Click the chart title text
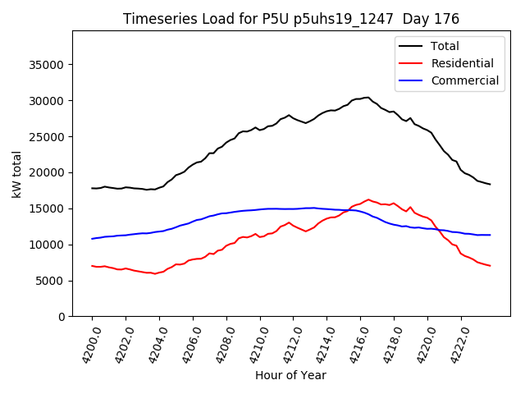[x=291, y=19]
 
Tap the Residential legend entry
[x=462, y=63]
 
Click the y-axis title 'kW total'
[x=16, y=175]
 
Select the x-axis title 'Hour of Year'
[x=290, y=376]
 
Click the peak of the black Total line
[x=367, y=98]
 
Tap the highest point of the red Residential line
[x=368, y=199]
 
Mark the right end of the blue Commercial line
[x=490, y=235]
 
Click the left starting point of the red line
[x=92, y=266]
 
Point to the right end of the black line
[x=490, y=184]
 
